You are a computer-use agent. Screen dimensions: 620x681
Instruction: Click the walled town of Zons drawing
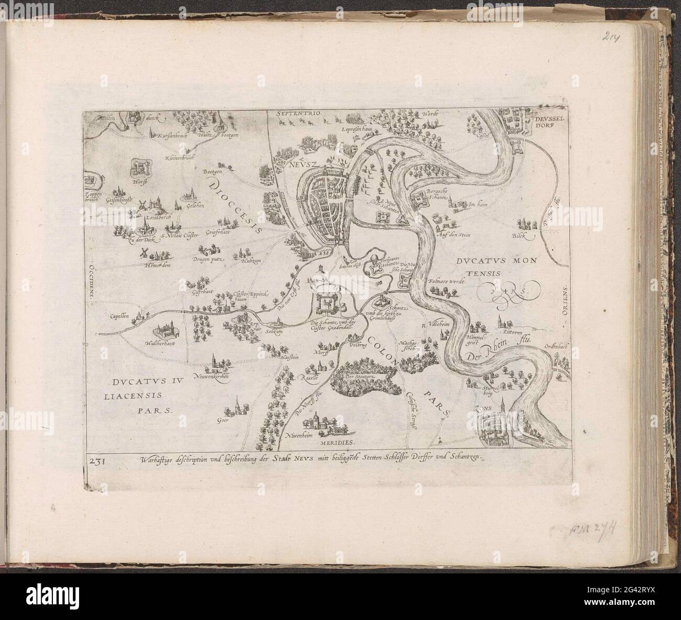click(495, 428)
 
